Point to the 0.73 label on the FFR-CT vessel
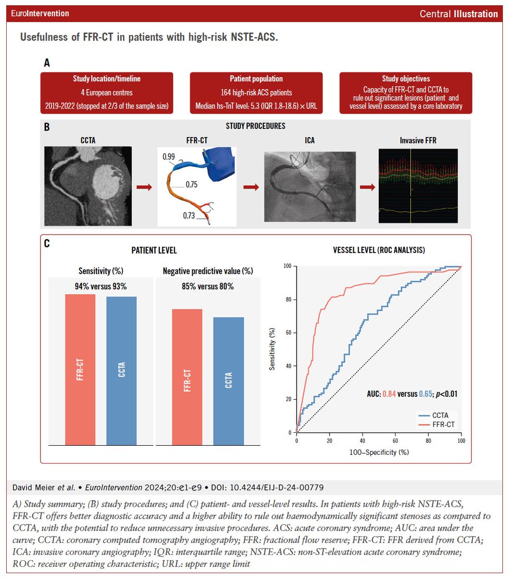click(x=189, y=215)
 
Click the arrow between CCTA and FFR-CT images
click(x=144, y=187)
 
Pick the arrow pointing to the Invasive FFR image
click(x=367, y=187)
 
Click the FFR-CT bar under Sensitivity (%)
click(x=80, y=369)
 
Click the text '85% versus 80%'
click(x=208, y=287)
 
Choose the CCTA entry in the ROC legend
click(x=435, y=415)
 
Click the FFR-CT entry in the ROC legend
click(x=438, y=425)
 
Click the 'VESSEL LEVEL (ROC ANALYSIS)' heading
click(x=379, y=250)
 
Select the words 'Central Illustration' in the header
click(x=459, y=14)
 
